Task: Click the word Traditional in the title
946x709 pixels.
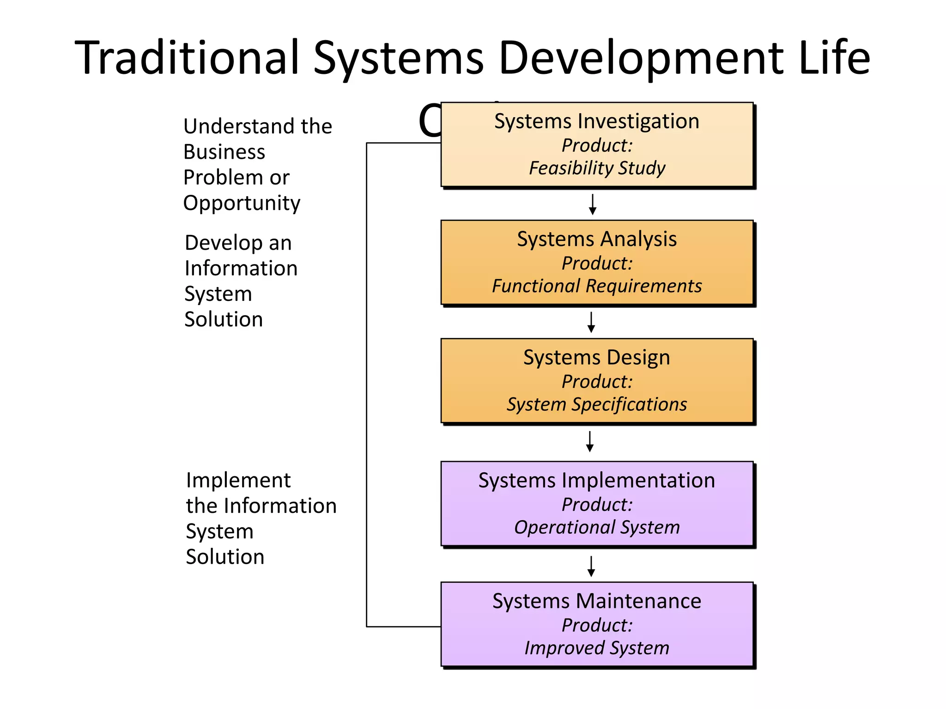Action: click(187, 57)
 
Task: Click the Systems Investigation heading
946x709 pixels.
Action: click(596, 121)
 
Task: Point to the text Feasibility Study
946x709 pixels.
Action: click(597, 168)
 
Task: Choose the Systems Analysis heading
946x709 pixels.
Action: click(596, 239)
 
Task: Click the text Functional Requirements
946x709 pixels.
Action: click(597, 286)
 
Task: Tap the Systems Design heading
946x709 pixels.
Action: click(596, 358)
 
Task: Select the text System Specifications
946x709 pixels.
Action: click(597, 404)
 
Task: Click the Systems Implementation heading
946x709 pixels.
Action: click(596, 481)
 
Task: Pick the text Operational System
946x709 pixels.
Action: click(597, 527)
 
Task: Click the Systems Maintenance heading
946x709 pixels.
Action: click(596, 601)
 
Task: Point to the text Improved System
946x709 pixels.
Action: click(597, 648)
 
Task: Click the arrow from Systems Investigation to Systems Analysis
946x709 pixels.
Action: click(593, 204)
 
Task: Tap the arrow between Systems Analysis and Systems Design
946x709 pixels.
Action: click(591, 322)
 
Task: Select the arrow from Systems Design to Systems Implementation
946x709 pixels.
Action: click(590, 441)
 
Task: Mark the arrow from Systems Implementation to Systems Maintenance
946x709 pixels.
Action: click(591, 566)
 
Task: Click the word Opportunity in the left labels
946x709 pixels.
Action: click(242, 204)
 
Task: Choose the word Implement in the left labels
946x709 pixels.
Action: click(238, 481)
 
